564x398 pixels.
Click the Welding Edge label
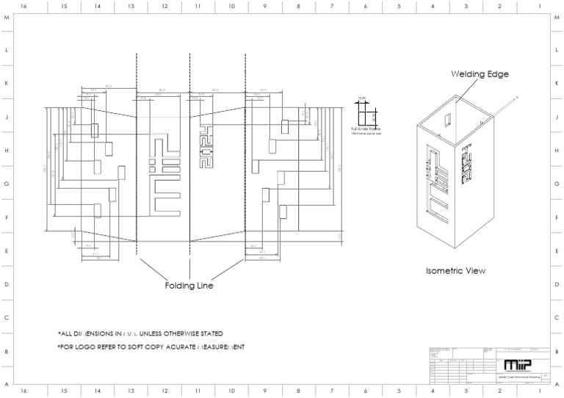(x=479, y=74)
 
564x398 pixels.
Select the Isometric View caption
(x=455, y=271)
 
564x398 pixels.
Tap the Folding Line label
(x=189, y=286)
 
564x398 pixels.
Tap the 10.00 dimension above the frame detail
(x=361, y=98)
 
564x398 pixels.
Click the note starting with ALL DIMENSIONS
(x=140, y=333)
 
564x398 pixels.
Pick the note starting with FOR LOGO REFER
(x=151, y=347)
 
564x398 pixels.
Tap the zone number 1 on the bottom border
(x=540, y=392)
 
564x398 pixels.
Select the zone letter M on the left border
(x=7, y=18)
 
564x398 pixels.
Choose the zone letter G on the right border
(x=557, y=184)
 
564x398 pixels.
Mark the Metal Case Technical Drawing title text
(x=519, y=376)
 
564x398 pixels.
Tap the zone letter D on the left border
(x=7, y=284)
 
